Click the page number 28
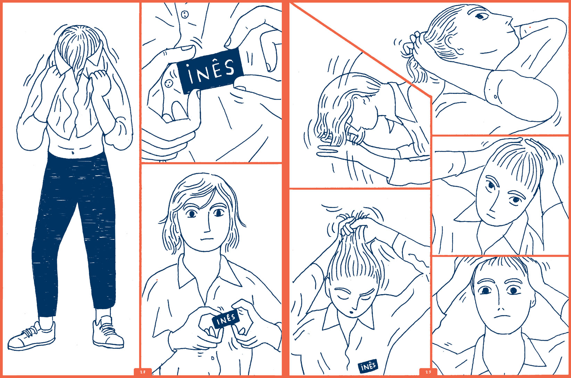tap(143, 372)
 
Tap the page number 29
tap(428, 372)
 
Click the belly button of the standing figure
tap(73, 153)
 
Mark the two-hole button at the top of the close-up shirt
tap(184, 14)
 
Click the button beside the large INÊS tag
tap(168, 83)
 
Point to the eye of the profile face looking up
tap(480, 16)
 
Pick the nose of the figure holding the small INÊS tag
tap(207, 225)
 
